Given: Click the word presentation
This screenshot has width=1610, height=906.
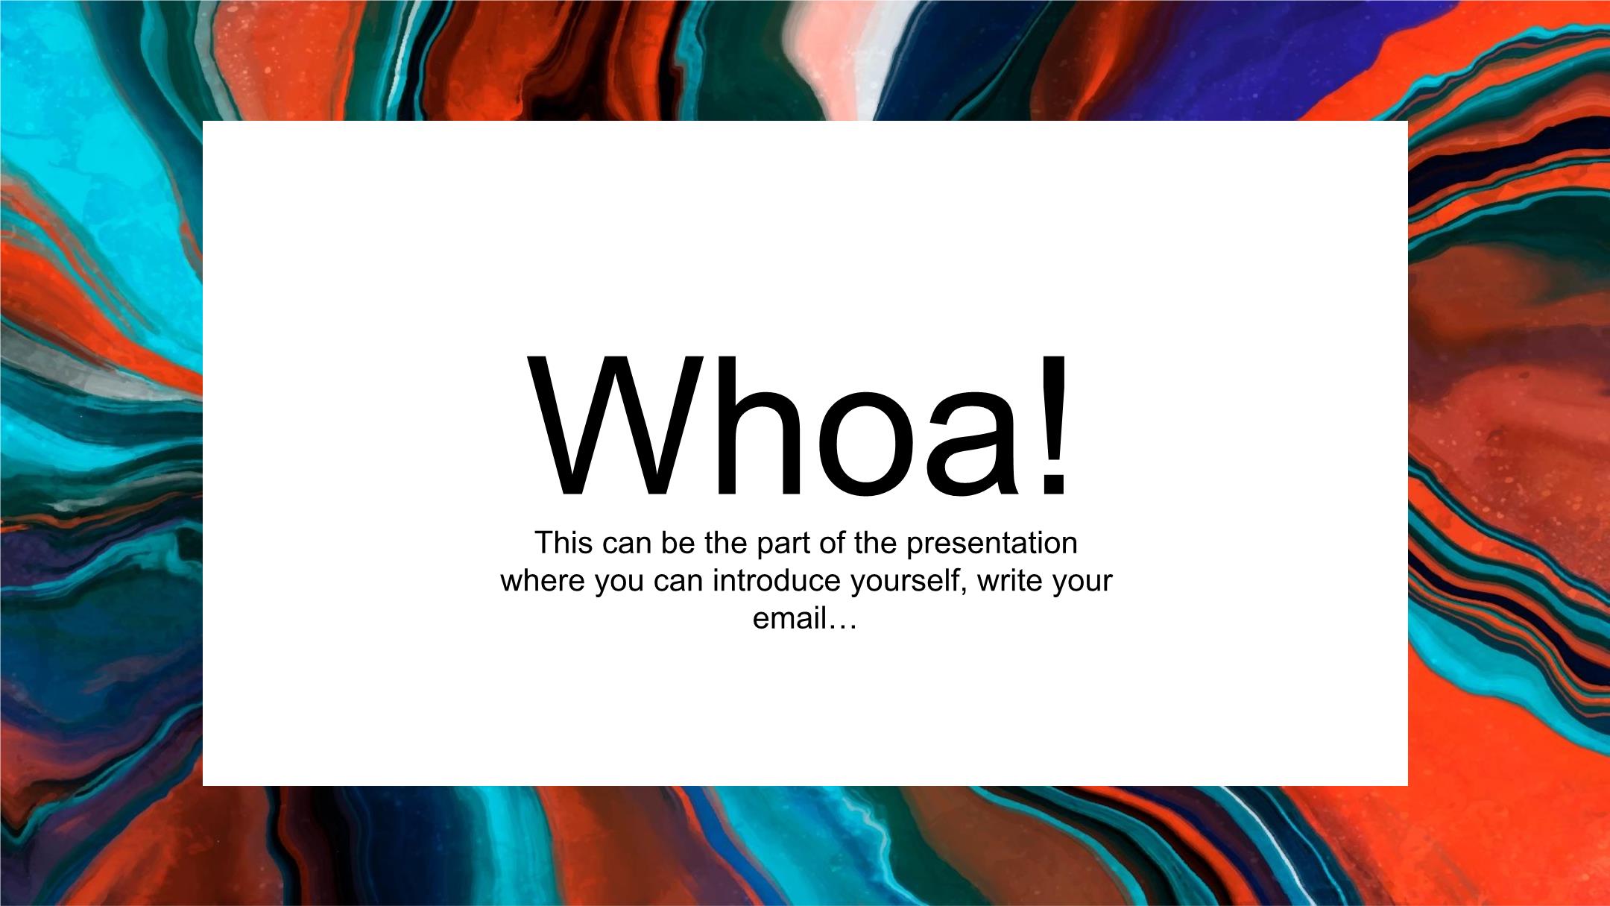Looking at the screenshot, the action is [x=992, y=545].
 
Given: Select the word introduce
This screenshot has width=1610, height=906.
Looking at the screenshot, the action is [x=777, y=581].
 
